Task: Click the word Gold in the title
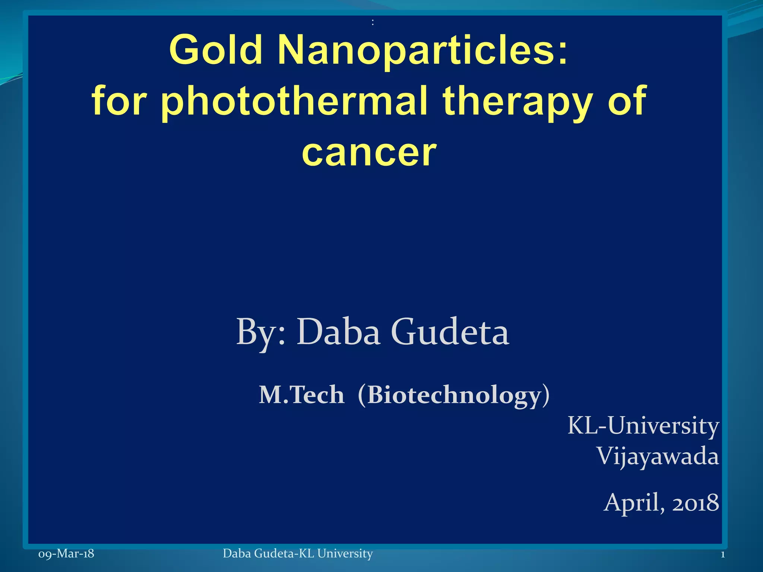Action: pyautogui.click(x=216, y=50)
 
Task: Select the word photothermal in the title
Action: pyautogui.click(x=294, y=101)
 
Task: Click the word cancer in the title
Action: pyautogui.click(x=369, y=152)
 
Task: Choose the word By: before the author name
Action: pyautogui.click(x=261, y=332)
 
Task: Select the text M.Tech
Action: pyautogui.click(x=301, y=395)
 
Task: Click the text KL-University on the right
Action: pyautogui.click(x=643, y=425)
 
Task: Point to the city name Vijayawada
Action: pyautogui.click(x=658, y=457)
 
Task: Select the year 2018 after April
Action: pyautogui.click(x=696, y=503)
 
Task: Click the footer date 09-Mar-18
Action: pyautogui.click(x=66, y=554)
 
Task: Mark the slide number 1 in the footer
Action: pyautogui.click(x=722, y=554)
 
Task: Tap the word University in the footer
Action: pyautogui.click(x=345, y=554)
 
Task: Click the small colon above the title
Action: pyautogui.click(x=373, y=23)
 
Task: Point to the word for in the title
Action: pyautogui.click(x=119, y=101)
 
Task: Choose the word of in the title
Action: pyautogui.click(x=627, y=101)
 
